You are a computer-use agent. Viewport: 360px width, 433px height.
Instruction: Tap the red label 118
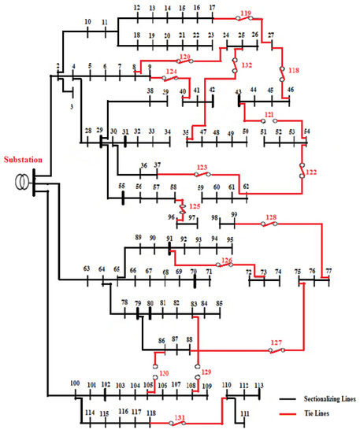tap(295, 70)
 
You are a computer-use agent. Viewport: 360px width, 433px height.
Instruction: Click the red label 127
tap(276, 342)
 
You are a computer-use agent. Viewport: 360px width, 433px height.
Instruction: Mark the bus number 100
tap(75, 383)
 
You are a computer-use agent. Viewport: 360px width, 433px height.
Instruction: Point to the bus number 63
tap(86, 269)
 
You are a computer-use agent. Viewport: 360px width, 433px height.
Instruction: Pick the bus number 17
tap(211, 7)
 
